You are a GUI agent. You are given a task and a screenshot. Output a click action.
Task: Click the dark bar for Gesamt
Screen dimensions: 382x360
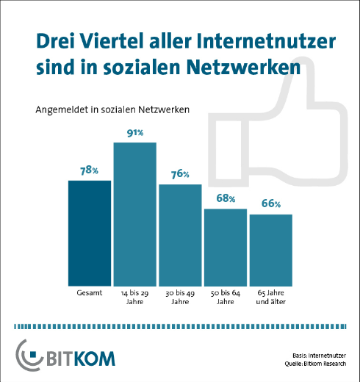tap(90, 233)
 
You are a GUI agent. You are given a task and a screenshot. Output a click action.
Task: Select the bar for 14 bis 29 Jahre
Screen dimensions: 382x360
tap(135, 214)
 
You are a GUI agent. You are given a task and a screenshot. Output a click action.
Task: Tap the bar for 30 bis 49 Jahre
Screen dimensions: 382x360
tap(180, 234)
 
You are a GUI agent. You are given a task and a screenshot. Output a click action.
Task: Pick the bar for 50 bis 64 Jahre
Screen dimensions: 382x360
tap(226, 248)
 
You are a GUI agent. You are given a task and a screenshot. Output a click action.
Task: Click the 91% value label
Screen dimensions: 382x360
tap(134, 132)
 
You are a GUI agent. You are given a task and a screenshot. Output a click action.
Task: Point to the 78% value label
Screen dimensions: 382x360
tap(90, 170)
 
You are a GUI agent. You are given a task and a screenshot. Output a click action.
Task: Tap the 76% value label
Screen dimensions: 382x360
tap(180, 174)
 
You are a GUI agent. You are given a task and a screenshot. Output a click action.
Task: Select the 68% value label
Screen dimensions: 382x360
tap(226, 199)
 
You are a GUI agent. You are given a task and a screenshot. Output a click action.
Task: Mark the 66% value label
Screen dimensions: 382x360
tap(271, 204)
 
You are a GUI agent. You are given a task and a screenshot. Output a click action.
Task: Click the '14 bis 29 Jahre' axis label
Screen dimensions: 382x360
tap(135, 297)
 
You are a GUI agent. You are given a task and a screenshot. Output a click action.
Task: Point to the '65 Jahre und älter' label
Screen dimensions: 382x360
tap(271, 297)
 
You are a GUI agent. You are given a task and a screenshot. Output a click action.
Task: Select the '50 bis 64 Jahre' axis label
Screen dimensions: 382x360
tap(226, 297)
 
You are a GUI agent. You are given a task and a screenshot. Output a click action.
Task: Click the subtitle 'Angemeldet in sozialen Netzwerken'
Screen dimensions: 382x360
tap(112, 110)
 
